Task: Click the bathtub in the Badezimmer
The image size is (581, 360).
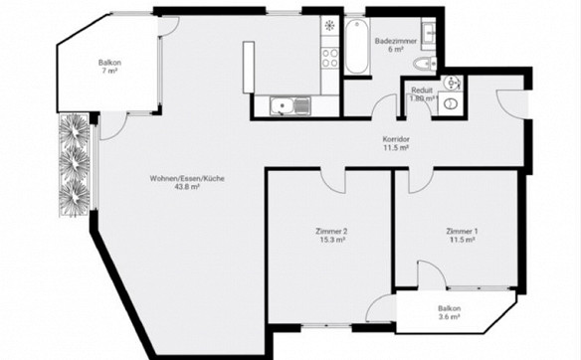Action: (356, 47)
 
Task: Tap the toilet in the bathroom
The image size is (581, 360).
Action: (425, 64)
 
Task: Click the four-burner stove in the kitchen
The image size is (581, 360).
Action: (329, 58)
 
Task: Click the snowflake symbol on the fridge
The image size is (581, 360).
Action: (329, 25)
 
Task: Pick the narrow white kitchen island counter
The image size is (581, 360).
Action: (249, 67)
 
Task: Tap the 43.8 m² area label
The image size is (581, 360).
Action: (187, 187)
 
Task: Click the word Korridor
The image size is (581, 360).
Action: (396, 139)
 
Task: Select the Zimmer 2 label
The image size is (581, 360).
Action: (331, 232)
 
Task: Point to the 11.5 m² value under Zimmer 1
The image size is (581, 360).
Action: (462, 240)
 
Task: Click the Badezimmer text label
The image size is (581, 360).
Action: (396, 41)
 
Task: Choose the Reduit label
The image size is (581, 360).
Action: (422, 90)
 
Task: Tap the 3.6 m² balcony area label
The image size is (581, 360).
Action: (449, 317)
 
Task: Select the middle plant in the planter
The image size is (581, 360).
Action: (75, 163)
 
